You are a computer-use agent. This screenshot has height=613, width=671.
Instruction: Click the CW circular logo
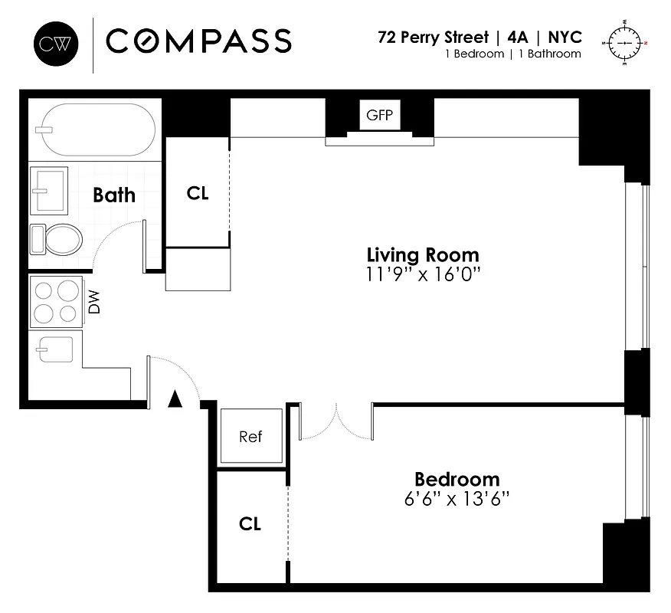click(x=56, y=41)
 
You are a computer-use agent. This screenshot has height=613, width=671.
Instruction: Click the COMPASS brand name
click(x=198, y=41)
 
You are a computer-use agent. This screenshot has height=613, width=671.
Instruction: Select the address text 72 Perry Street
click(x=433, y=37)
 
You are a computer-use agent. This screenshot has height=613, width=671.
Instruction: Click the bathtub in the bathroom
click(x=98, y=129)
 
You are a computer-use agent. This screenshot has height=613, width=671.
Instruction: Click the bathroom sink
click(x=49, y=191)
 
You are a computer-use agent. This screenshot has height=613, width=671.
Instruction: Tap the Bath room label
click(x=114, y=195)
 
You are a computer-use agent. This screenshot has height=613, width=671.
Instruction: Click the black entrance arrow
click(x=175, y=398)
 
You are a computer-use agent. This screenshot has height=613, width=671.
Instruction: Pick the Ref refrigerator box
click(x=251, y=437)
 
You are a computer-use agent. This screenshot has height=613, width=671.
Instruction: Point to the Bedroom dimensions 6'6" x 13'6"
click(x=457, y=499)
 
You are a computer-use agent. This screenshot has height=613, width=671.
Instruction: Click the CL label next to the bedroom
click(x=250, y=524)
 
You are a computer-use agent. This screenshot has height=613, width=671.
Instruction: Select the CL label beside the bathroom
click(x=198, y=193)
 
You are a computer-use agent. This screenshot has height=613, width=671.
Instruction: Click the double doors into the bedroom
click(x=335, y=424)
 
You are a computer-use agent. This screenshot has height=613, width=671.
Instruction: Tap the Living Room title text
click(x=423, y=254)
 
